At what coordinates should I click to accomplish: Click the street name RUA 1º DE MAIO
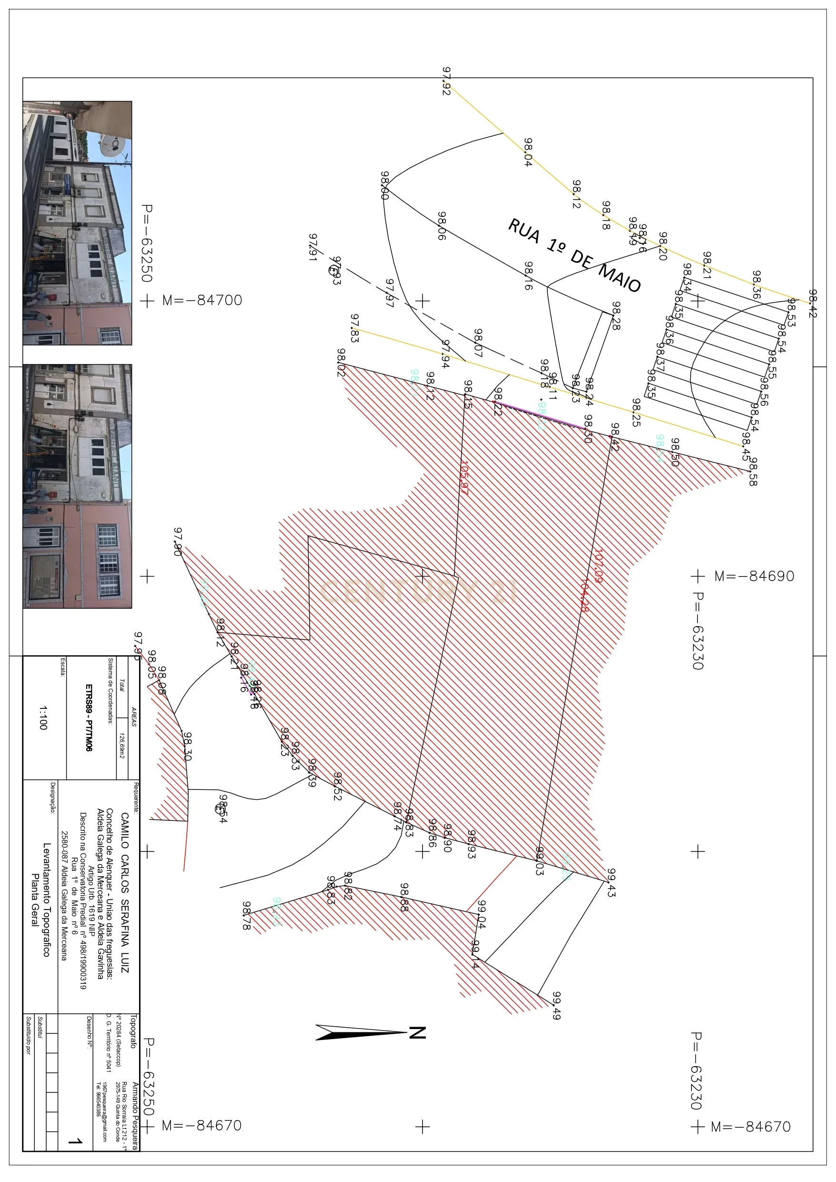pos(574,255)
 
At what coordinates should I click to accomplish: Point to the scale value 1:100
pos(43,717)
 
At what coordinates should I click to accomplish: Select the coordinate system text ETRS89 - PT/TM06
pos(89,717)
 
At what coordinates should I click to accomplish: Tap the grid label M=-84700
pos(202,300)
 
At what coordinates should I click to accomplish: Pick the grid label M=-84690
pos(754,576)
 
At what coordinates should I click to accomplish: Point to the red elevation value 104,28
pos(584,595)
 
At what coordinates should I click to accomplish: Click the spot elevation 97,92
pos(446,81)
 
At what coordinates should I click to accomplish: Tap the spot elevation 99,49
pos(556,1005)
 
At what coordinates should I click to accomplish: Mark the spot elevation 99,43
pos(611,883)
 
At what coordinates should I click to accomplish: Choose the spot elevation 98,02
pos(341,363)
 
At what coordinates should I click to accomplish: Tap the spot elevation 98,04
pos(528,152)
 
